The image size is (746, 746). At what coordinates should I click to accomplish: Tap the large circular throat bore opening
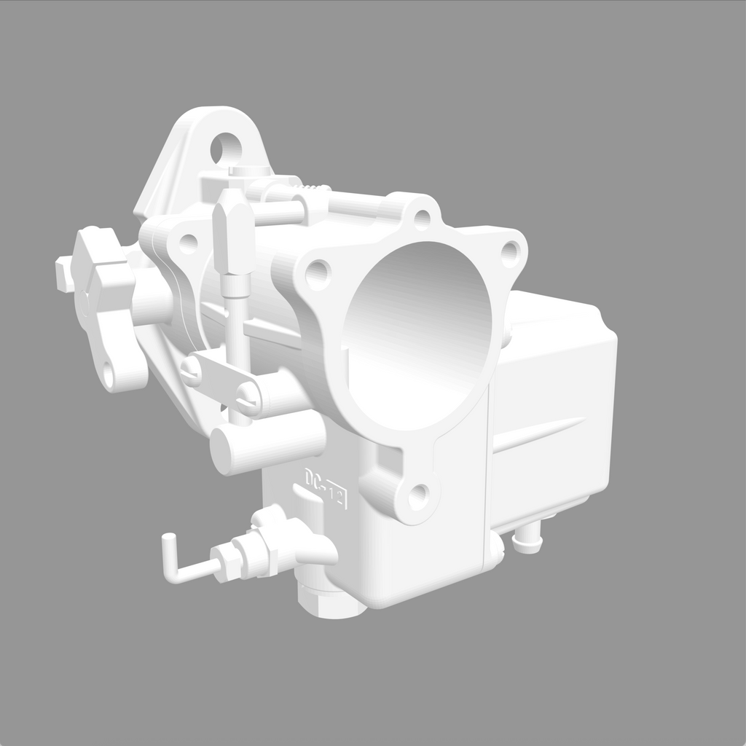(419, 335)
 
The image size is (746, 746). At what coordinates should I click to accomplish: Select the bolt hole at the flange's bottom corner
(418, 497)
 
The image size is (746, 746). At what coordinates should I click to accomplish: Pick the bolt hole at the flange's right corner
(511, 253)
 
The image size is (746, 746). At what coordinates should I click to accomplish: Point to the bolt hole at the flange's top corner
(422, 216)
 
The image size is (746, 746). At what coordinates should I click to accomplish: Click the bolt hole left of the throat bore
(317, 274)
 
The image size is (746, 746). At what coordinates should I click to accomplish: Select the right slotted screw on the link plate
(248, 397)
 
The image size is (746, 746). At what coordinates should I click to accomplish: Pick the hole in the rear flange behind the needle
(188, 243)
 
